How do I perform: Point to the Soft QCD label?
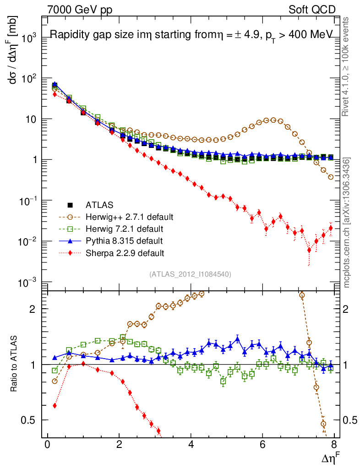[311, 9]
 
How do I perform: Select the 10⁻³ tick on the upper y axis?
[27, 283]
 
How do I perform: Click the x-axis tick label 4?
[191, 446]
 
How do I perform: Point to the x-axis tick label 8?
[334, 446]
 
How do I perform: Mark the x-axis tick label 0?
[47, 446]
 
